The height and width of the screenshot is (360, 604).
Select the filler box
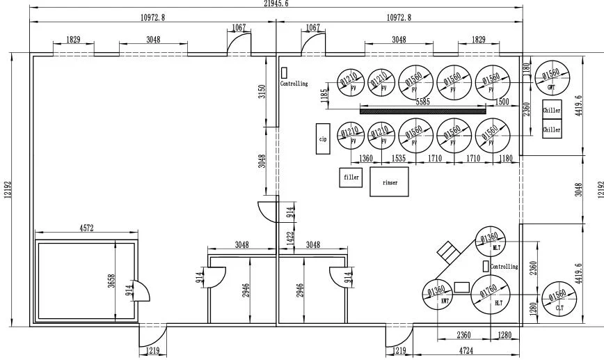[351, 178]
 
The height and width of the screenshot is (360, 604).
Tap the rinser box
[389, 182]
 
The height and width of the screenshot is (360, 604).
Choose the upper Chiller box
[551, 110]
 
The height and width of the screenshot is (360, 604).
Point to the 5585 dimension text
[422, 102]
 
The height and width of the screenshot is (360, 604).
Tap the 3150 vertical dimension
[262, 92]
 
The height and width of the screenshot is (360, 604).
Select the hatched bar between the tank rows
[422, 109]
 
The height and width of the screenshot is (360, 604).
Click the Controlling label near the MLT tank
[504, 267]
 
